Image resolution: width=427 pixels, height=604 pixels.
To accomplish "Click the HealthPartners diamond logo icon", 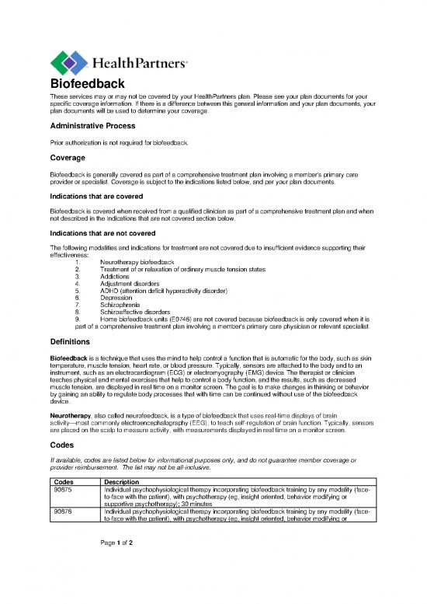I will click(68, 61).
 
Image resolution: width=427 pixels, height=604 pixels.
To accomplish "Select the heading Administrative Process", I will click(92, 126).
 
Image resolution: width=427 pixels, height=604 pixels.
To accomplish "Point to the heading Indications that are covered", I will click(100, 197).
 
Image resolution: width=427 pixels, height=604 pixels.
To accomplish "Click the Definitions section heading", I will click(76, 342).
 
